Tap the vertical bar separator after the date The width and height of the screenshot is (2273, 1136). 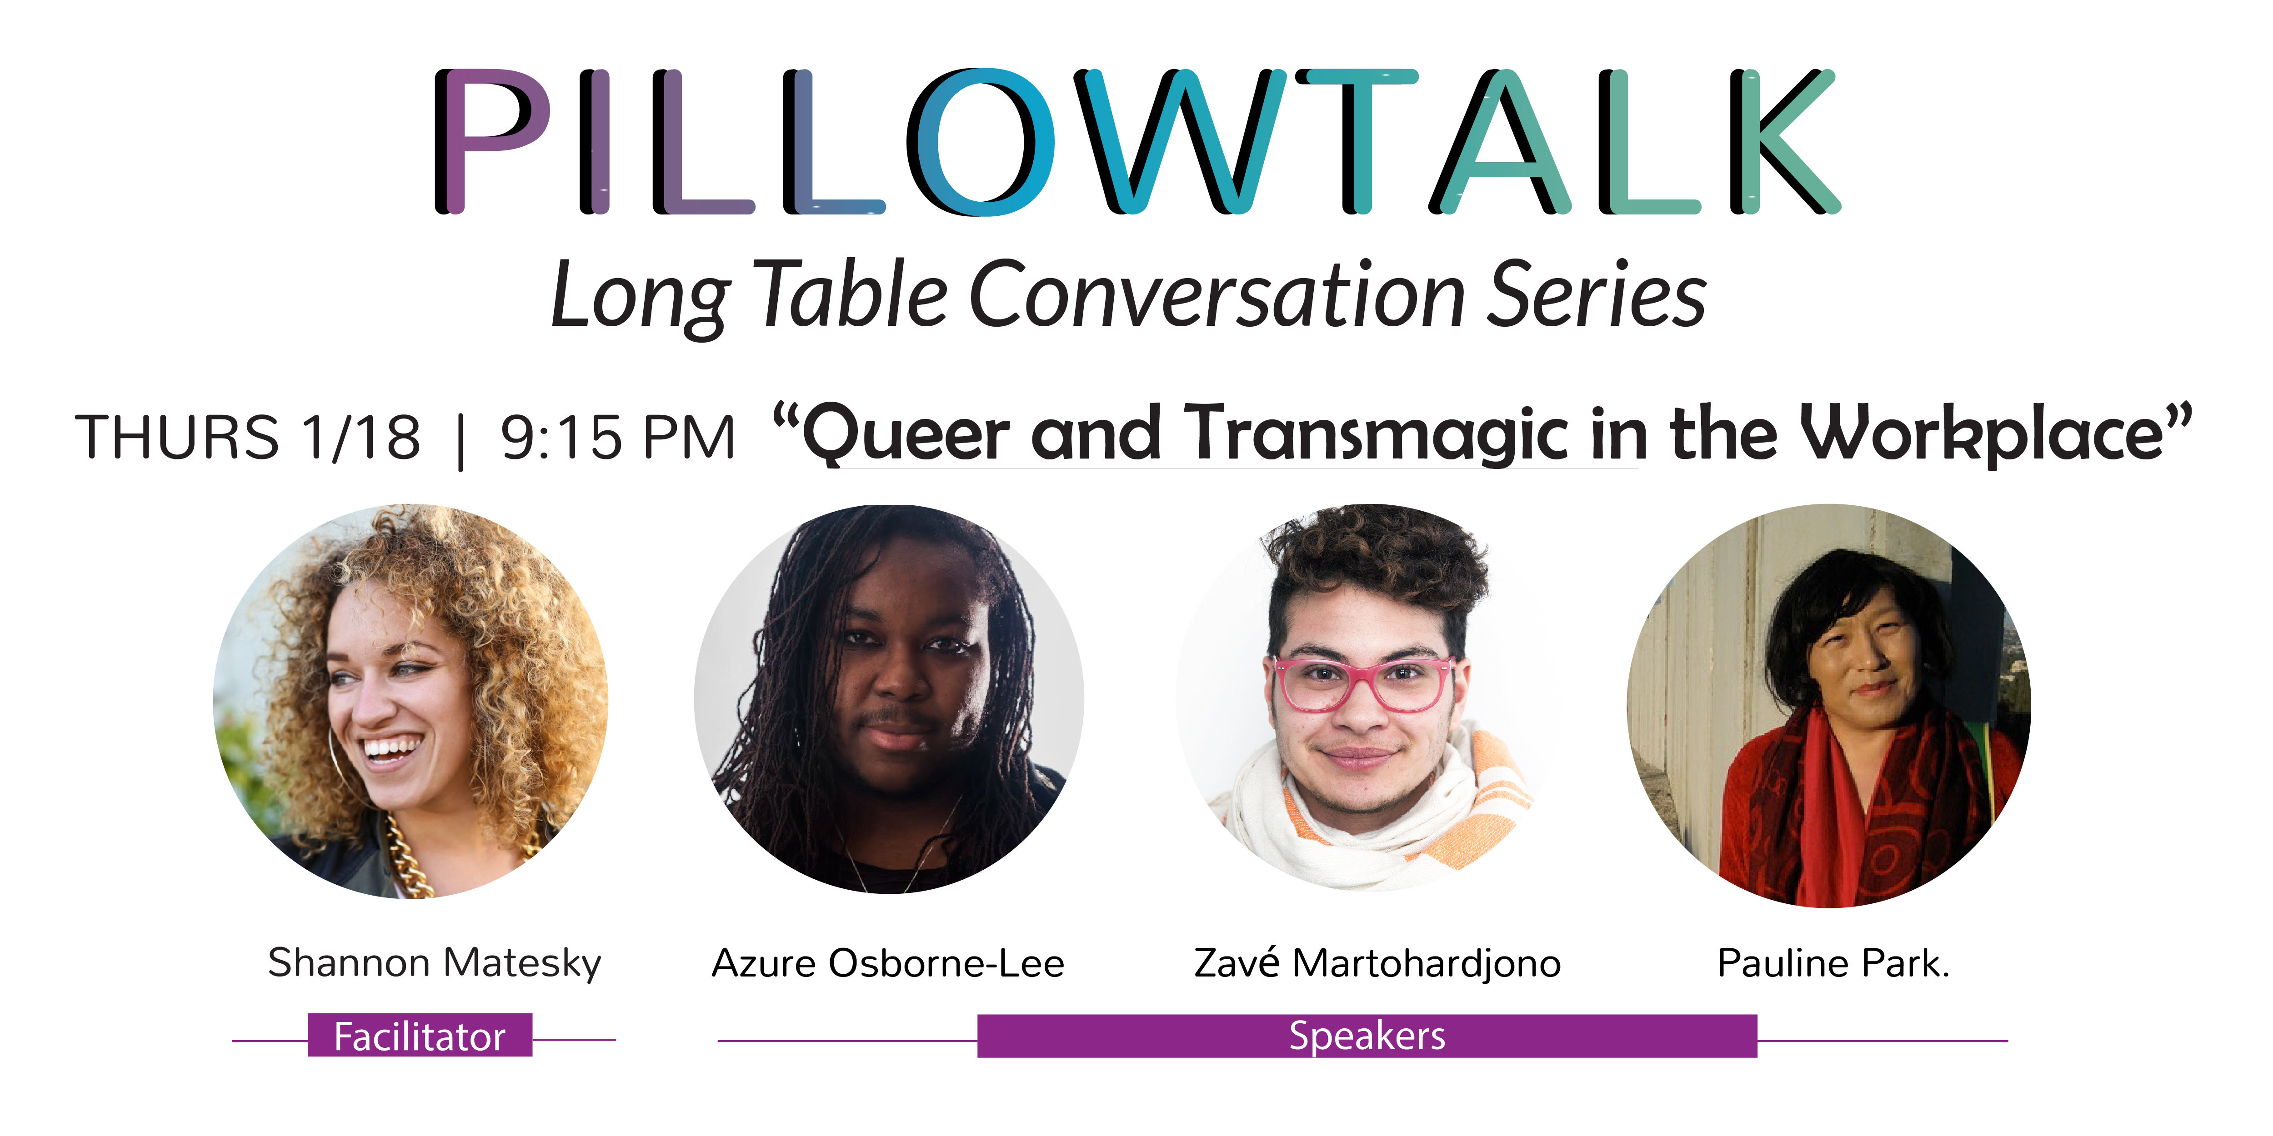(461, 441)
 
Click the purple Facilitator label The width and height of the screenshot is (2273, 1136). (420, 1036)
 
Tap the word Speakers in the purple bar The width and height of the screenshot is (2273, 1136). (1367, 1036)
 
